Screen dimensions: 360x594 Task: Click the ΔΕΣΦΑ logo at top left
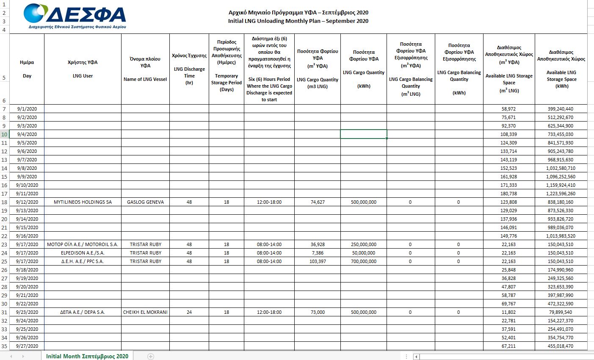pyautogui.click(x=75, y=16)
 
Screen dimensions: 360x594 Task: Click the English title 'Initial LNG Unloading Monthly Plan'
pyautogui.click(x=298, y=21)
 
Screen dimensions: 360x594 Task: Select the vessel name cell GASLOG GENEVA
pyautogui.click(x=145, y=202)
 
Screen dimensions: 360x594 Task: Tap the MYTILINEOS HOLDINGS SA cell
pyautogui.click(x=83, y=202)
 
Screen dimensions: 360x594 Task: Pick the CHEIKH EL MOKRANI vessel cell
pyautogui.click(x=145, y=312)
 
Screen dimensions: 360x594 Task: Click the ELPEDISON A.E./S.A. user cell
pyautogui.click(x=83, y=253)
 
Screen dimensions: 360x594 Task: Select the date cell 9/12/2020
pyautogui.click(x=27, y=202)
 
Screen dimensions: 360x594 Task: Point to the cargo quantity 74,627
pyautogui.click(x=318, y=202)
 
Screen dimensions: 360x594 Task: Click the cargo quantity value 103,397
pyautogui.click(x=318, y=261)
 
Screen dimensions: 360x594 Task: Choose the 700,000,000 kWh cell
pyautogui.click(x=363, y=261)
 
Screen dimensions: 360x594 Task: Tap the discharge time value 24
pyautogui.click(x=189, y=312)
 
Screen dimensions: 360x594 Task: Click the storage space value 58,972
pyautogui.click(x=508, y=109)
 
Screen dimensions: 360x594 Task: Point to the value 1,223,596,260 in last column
pyautogui.click(x=561, y=194)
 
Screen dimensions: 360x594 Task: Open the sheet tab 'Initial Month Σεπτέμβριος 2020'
pyautogui.click(x=87, y=356)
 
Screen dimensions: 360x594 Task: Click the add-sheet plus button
pyautogui.click(x=151, y=357)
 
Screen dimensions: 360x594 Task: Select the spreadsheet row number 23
pyautogui.click(x=4, y=244)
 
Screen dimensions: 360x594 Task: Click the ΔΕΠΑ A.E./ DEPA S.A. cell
pyautogui.click(x=83, y=312)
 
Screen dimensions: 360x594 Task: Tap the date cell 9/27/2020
pyautogui.click(x=27, y=346)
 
